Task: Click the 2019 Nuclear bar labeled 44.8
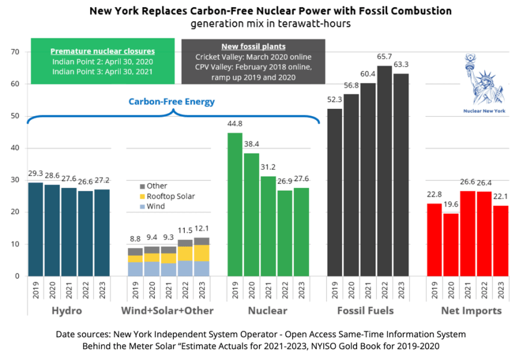point(235,205)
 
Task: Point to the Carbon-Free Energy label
point(172,102)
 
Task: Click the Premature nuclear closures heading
point(102,51)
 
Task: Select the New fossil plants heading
point(253,47)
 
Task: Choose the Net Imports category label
point(472,311)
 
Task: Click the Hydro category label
point(66,311)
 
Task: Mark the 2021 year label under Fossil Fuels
point(368,291)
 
